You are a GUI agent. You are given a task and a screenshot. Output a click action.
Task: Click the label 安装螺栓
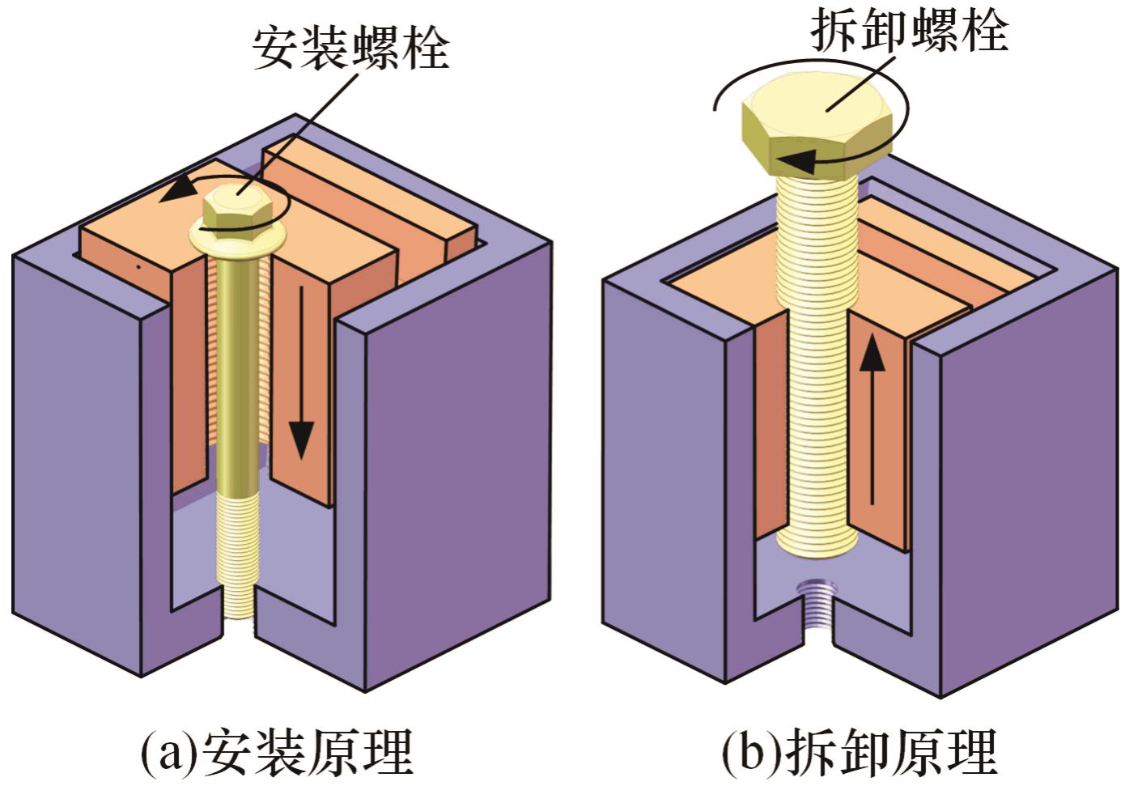[x=350, y=48]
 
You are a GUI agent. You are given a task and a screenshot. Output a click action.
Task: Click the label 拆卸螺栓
[x=909, y=32]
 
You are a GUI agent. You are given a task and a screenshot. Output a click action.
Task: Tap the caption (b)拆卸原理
[x=859, y=751]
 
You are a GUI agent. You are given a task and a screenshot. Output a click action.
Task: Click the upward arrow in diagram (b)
[x=872, y=421]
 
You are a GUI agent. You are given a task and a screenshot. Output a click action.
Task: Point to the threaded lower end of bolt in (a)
[x=238, y=559]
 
